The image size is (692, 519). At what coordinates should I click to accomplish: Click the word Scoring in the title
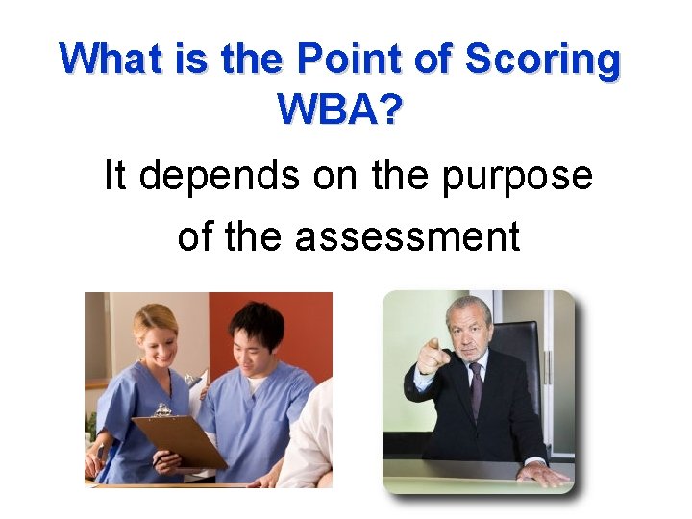coord(543,61)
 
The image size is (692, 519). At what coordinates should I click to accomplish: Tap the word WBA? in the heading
coord(339,111)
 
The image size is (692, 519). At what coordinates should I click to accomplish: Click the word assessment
coord(408,235)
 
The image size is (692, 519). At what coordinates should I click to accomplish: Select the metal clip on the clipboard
coord(164,410)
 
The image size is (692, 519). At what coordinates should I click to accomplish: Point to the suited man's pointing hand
coord(429,358)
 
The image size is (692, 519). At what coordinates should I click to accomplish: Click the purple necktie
coord(476,390)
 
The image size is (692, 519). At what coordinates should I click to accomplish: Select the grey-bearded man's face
coord(470,332)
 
